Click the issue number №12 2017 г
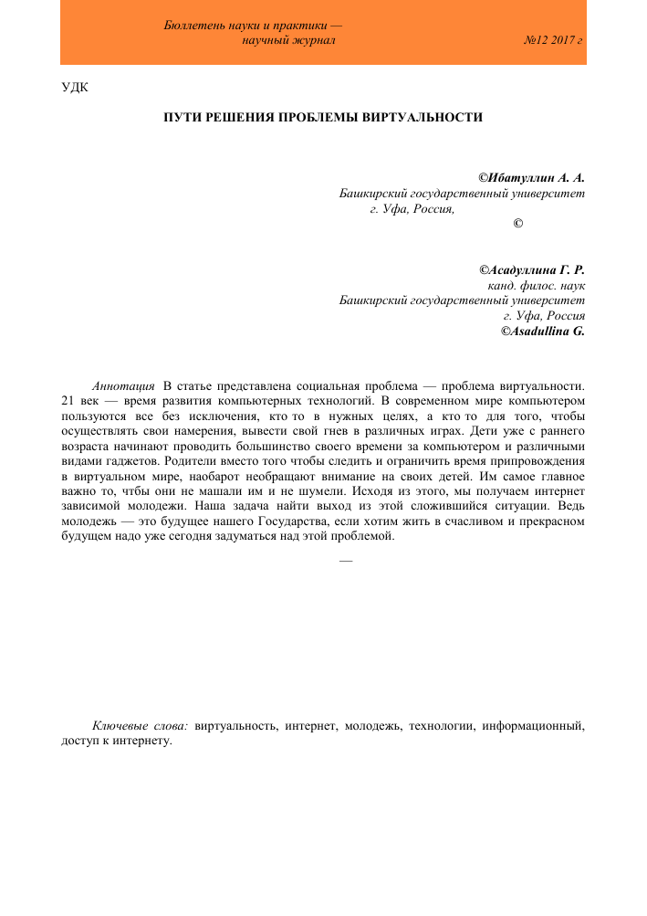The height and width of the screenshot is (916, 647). point(554,42)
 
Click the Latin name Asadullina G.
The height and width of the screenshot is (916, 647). point(542,332)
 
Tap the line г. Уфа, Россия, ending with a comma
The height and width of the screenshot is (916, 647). point(412,209)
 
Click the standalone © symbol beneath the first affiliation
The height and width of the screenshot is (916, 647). point(518,225)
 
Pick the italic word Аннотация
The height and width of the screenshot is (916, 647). point(123,385)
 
